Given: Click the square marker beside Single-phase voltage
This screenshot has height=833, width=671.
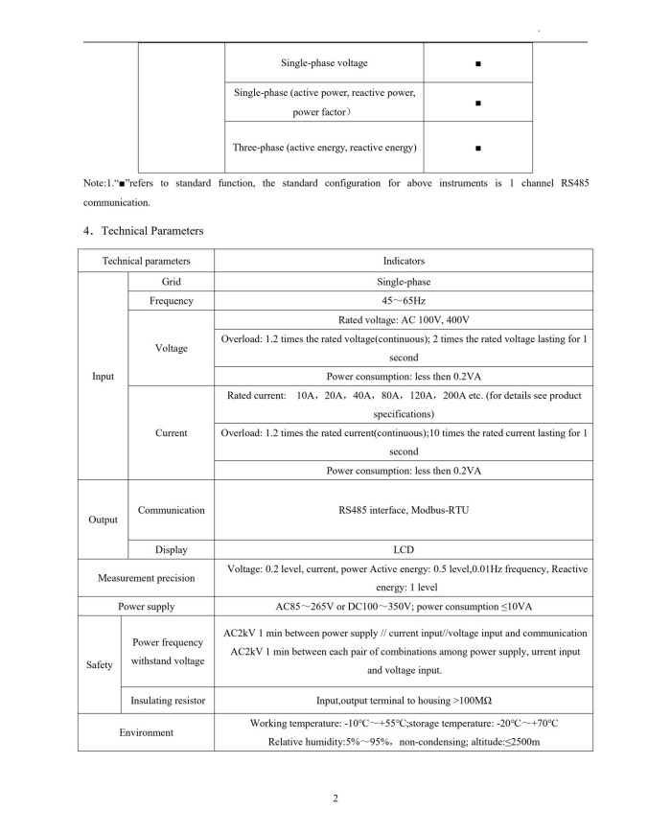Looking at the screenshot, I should click(477, 64).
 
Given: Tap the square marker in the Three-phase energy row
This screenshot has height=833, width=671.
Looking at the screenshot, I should click(477, 149).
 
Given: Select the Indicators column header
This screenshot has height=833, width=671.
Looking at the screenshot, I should click(403, 261).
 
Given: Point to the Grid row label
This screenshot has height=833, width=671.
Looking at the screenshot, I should click(171, 282).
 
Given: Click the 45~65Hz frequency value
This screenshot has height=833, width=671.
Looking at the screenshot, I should click(403, 301).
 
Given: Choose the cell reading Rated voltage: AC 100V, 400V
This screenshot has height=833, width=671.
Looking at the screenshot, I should click(403, 320).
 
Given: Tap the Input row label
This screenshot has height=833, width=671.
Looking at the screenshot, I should click(103, 376).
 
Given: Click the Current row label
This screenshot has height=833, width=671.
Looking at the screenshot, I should click(171, 432).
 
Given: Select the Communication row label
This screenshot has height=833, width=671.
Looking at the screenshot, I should click(171, 510).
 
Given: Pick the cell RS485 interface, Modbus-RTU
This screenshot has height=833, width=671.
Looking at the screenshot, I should click(403, 510).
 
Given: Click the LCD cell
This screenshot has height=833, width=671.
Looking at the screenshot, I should click(403, 550).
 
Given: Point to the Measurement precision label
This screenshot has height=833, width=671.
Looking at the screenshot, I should click(146, 578).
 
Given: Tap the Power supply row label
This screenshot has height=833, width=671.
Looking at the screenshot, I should click(146, 607).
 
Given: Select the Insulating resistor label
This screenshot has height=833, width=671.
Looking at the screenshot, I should click(168, 701).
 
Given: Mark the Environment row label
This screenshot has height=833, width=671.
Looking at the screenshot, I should click(146, 733).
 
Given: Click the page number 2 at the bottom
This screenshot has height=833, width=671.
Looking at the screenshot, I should click(335, 799).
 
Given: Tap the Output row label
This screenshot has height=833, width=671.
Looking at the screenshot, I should click(103, 520).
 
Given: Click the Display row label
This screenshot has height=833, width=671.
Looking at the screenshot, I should click(171, 550).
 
